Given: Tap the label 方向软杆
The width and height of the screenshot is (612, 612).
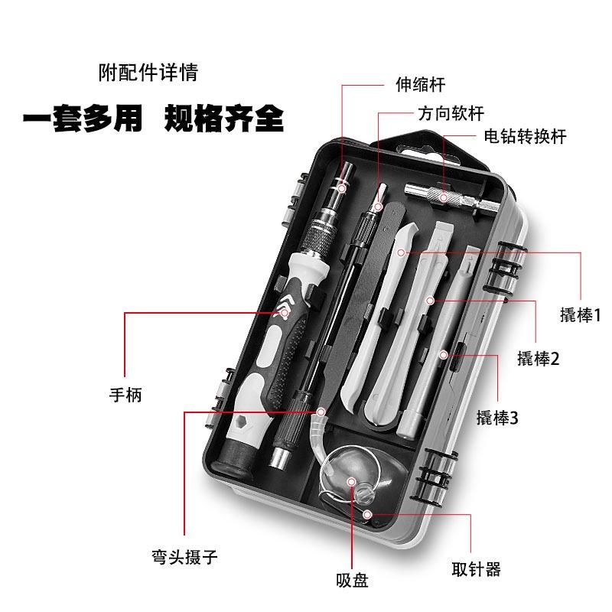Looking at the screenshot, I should click(x=451, y=113).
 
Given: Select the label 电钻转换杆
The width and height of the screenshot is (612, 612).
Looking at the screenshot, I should click(x=525, y=136).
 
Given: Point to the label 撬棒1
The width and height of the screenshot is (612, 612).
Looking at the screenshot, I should click(x=581, y=314).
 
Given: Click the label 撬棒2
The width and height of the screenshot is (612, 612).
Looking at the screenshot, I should click(x=539, y=358).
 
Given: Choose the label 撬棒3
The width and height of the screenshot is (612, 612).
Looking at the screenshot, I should click(x=497, y=418).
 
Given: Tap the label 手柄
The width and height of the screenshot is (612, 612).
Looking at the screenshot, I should click(x=126, y=396).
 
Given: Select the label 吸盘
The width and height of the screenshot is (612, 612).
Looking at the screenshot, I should click(x=352, y=580).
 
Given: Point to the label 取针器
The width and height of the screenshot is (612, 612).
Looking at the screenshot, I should click(x=476, y=569).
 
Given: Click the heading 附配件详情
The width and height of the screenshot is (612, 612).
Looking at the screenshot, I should click(x=148, y=73).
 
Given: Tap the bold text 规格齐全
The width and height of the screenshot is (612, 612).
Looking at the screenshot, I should click(x=224, y=119).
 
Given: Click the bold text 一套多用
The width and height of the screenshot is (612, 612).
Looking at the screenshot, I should click(x=82, y=119).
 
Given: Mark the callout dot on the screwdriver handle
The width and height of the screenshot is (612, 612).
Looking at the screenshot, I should click(x=284, y=312).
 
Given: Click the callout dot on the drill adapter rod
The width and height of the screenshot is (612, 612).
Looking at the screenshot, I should click(x=443, y=197).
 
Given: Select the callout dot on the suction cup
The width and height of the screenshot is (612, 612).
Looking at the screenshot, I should click(x=351, y=481).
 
